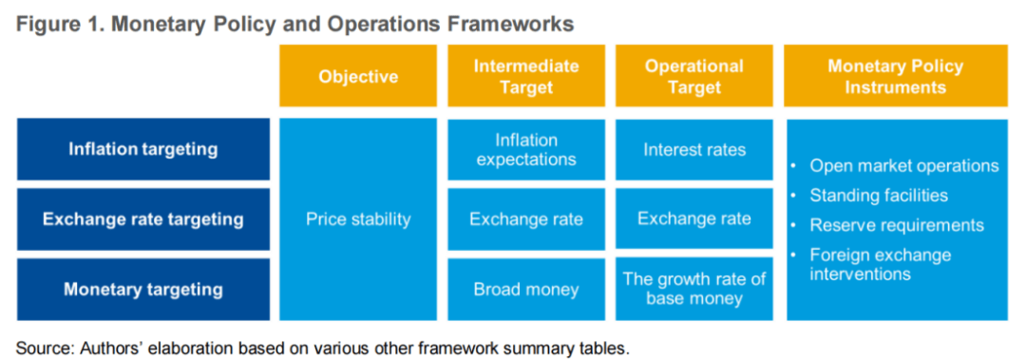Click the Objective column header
(x=358, y=76)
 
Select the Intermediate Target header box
(x=526, y=76)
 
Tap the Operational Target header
(x=694, y=76)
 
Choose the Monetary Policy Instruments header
(x=896, y=76)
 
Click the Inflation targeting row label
(x=143, y=149)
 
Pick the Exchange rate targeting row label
(x=143, y=219)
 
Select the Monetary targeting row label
(x=143, y=290)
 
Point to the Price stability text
(x=358, y=219)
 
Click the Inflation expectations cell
(x=526, y=149)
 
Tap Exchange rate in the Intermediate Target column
(x=526, y=219)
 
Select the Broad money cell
(x=526, y=290)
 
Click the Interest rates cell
(x=694, y=149)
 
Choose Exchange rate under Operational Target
(x=694, y=218)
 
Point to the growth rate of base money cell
(x=694, y=289)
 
